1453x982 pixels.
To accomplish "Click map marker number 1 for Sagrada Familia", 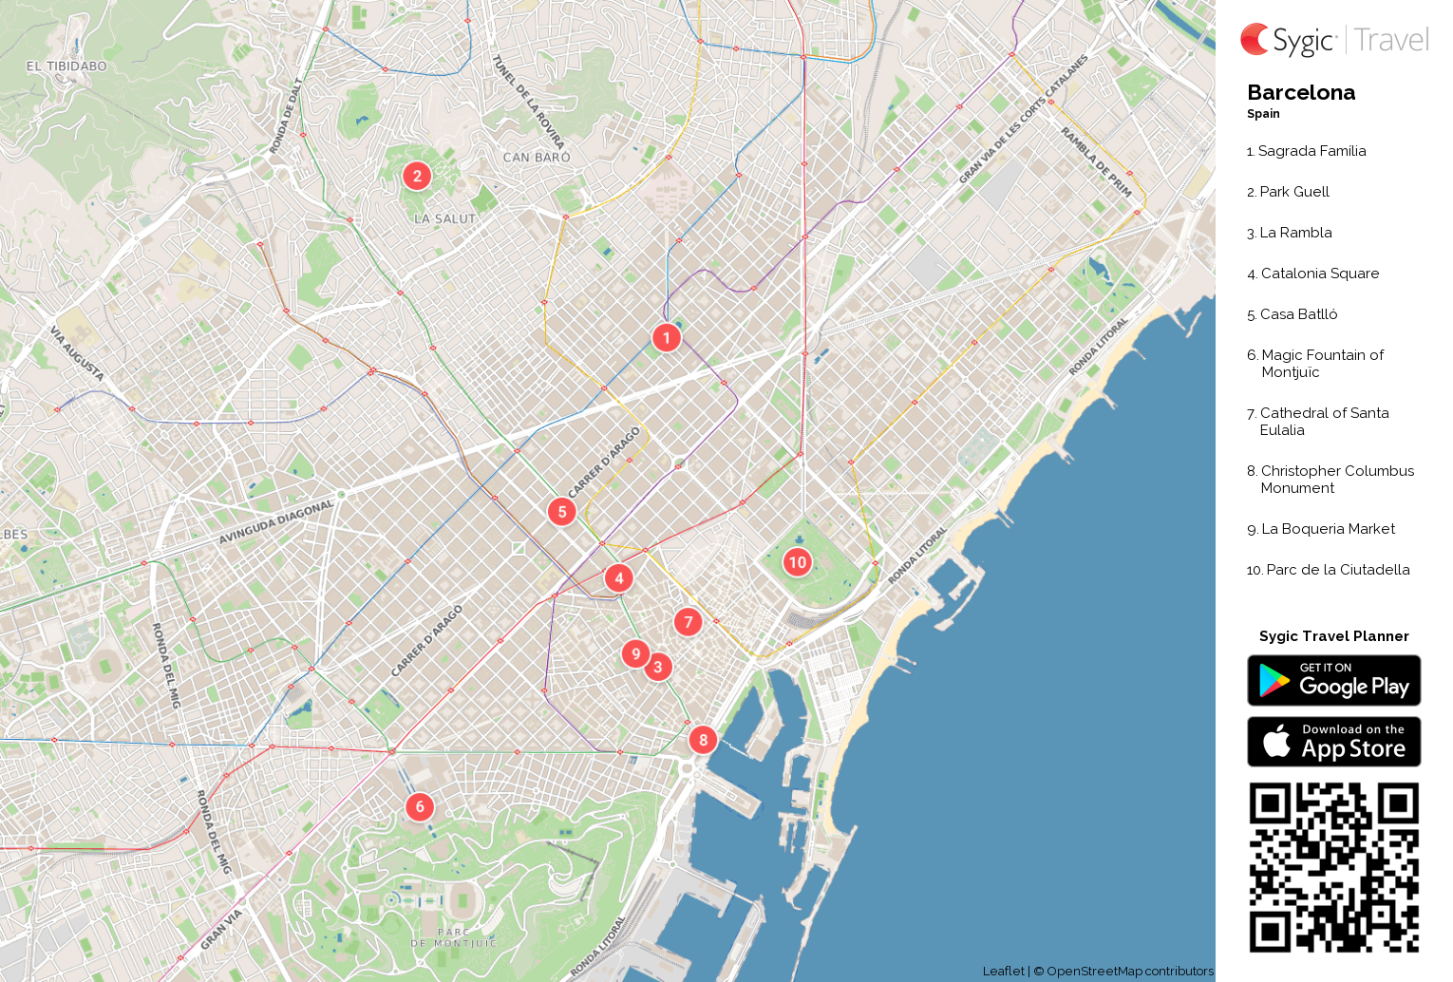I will [667, 337].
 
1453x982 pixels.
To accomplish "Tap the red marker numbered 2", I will [417, 176].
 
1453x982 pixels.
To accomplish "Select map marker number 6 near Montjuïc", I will [420, 807].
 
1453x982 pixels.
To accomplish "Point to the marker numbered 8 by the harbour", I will [703, 740].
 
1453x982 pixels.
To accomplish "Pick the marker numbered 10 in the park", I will [798, 562].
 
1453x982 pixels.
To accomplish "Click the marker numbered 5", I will [562, 512].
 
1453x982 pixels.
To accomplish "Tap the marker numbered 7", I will [689, 622].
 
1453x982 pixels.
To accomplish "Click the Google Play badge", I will [1333, 681].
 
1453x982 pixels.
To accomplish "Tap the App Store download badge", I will [1333, 742].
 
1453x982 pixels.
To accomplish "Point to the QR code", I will [1333, 867].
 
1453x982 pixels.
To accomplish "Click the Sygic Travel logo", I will [1334, 40].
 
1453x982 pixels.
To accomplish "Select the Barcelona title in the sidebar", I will [1301, 93].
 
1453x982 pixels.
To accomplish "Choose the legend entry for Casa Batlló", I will [1297, 314].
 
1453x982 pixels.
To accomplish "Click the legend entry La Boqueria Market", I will [1327, 529].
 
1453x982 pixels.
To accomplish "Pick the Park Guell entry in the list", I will [1293, 192].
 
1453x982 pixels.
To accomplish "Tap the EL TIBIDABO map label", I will [66, 66].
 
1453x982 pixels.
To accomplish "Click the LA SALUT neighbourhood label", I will [444, 218].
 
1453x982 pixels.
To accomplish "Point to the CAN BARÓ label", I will [537, 158].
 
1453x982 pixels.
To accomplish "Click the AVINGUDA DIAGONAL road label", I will [276, 522].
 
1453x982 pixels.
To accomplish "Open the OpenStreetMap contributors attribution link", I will [1129, 972].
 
